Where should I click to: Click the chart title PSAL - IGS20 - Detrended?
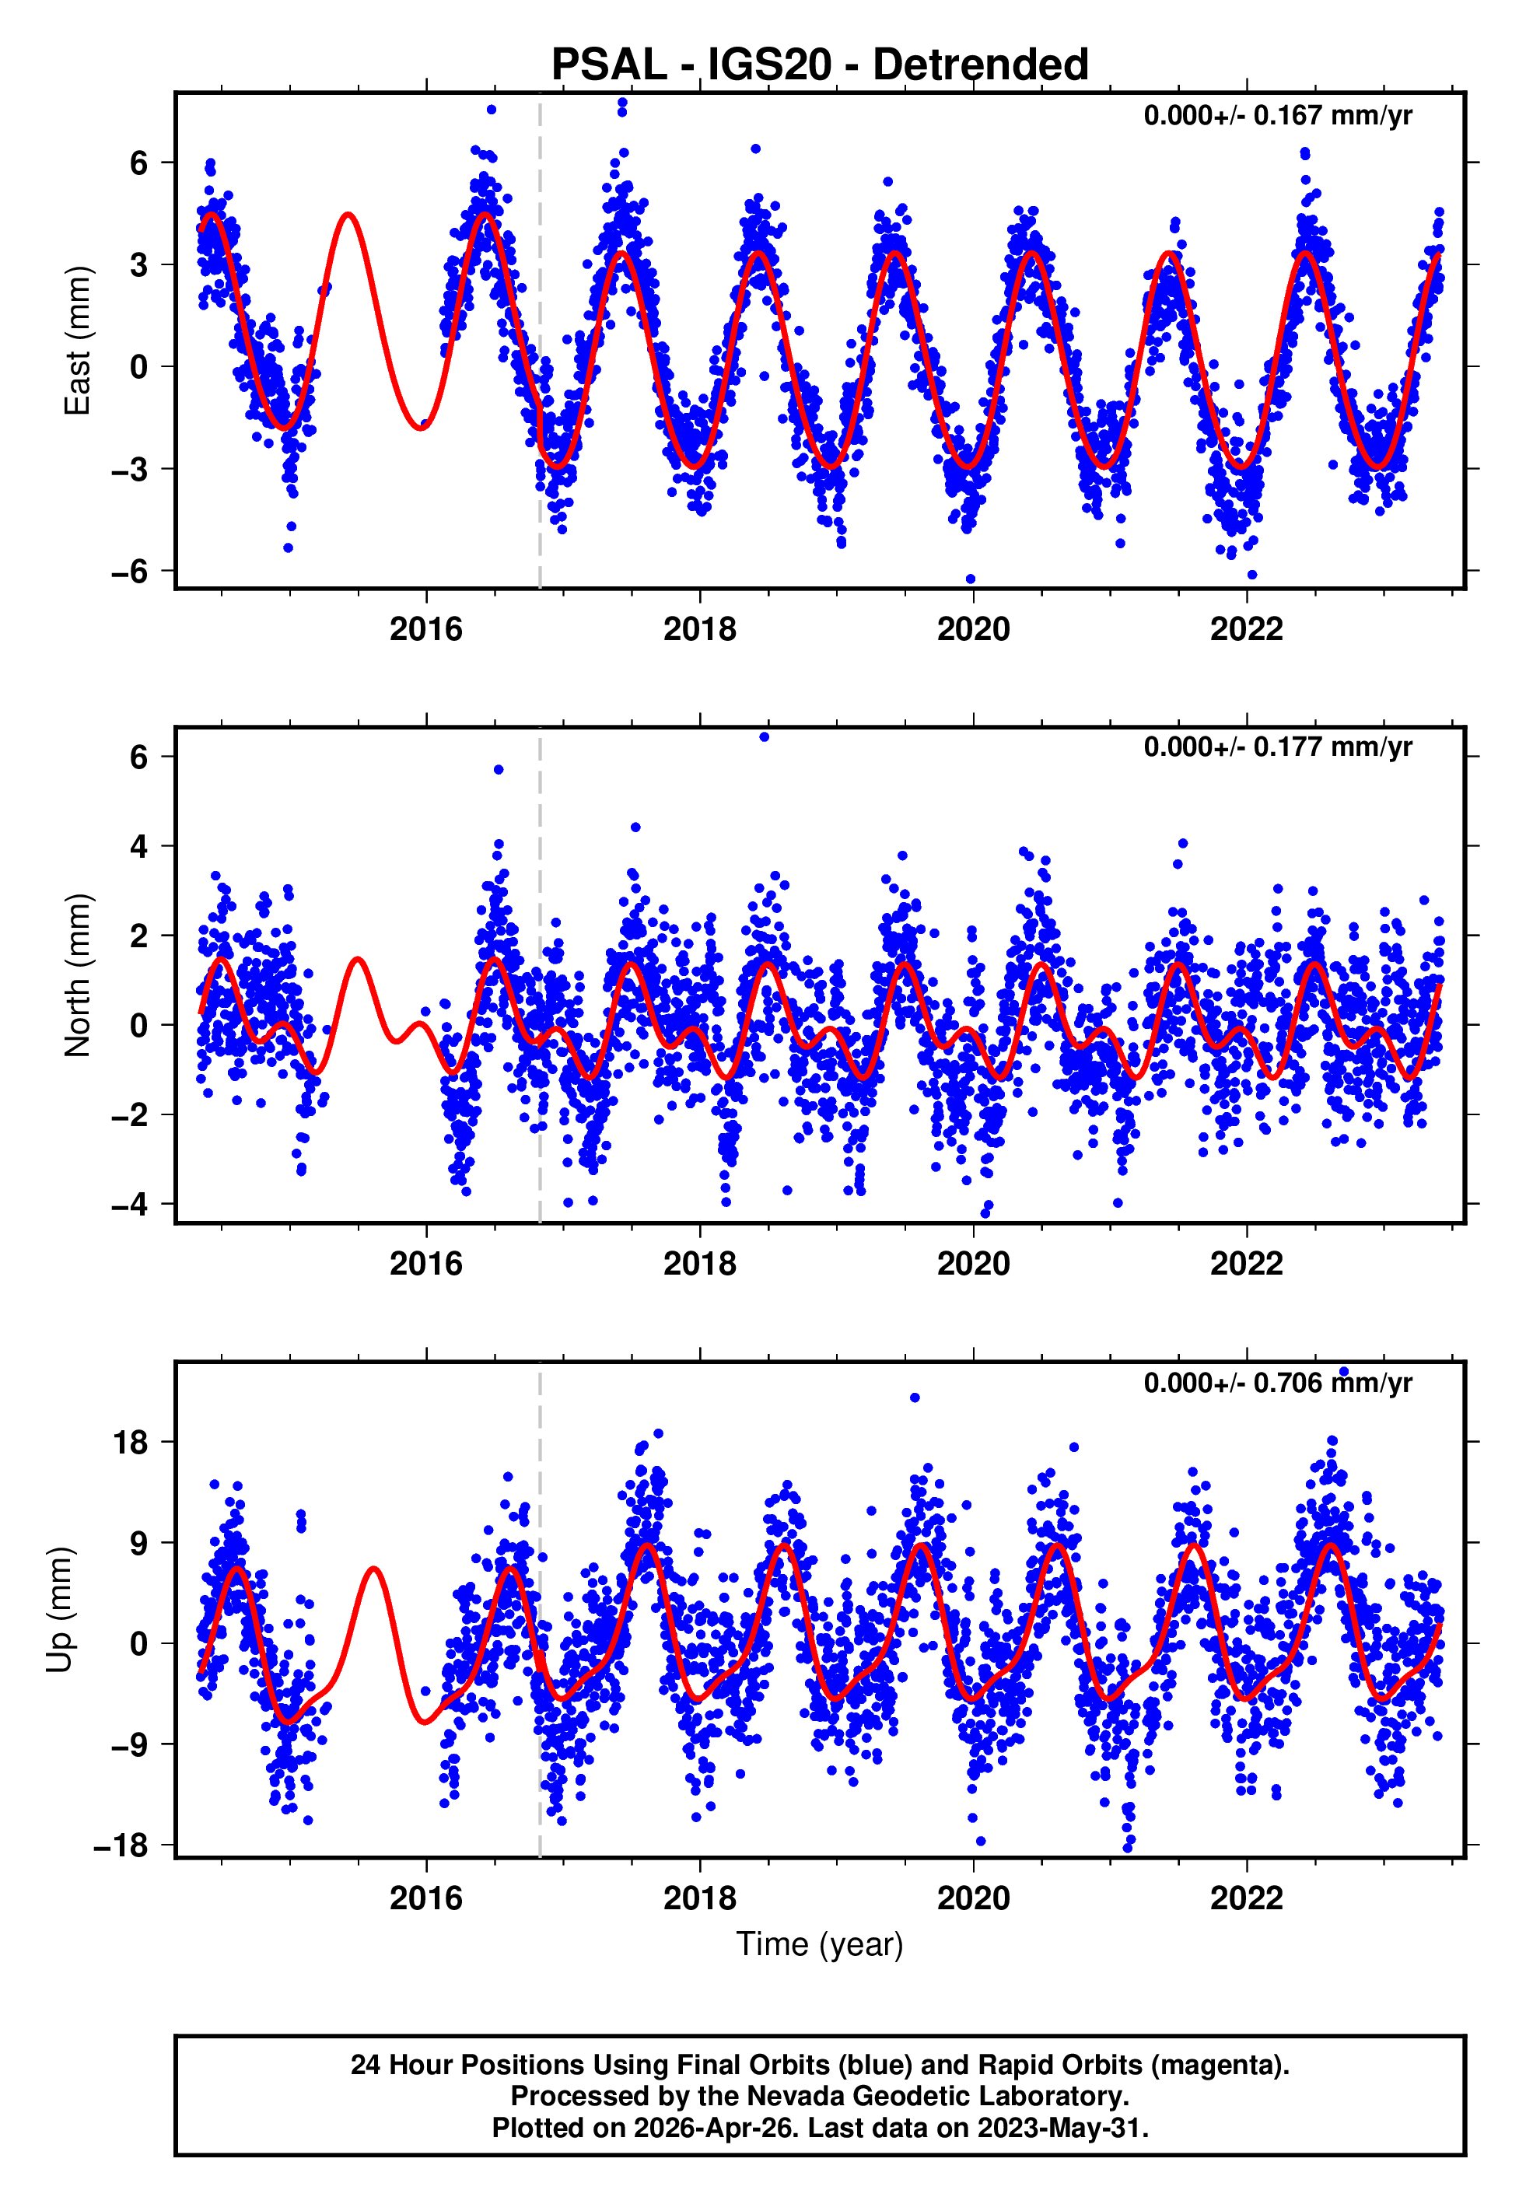pos(820,65)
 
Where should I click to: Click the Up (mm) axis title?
pos(59,1610)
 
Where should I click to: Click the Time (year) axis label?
pos(820,1944)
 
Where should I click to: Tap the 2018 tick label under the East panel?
pos(699,629)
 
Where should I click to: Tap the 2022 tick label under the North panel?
pos(1246,1264)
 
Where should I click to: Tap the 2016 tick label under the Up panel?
pos(425,1898)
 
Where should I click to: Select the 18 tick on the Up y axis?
pos(131,1443)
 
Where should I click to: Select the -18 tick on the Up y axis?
pos(121,1845)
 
